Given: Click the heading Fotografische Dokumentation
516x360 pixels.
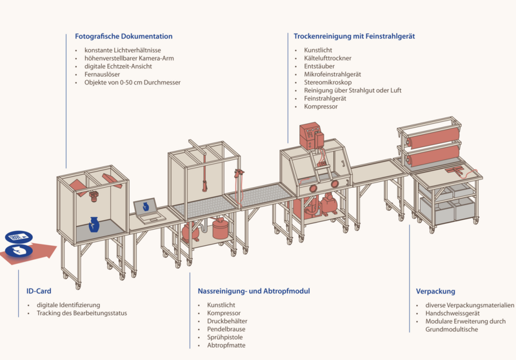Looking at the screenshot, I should [x=123, y=36].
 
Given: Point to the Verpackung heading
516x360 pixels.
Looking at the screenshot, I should [x=435, y=292].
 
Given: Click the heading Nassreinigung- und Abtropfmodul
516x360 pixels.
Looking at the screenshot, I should [x=253, y=292].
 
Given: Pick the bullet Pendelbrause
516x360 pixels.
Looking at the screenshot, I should [x=226, y=329].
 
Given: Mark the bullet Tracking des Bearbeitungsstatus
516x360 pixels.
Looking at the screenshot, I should [x=82, y=314].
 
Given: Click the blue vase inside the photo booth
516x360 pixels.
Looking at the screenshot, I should [x=94, y=224].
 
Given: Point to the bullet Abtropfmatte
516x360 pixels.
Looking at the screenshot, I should [x=226, y=346].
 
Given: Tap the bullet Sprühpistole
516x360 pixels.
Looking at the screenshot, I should [x=224, y=337].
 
